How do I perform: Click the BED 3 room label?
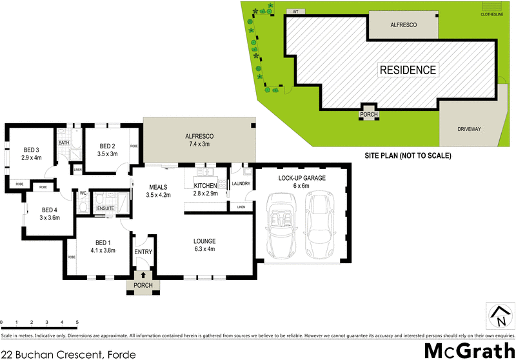(31, 148)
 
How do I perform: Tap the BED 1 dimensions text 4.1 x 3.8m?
(103, 250)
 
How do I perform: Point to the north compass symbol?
(499, 316)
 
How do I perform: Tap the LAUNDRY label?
(240, 183)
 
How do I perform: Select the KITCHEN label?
(206, 186)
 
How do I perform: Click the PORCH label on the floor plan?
(143, 285)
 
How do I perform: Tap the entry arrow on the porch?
(143, 275)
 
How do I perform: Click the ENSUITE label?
(105, 208)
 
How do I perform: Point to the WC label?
(83, 192)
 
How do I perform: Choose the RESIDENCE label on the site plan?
(407, 70)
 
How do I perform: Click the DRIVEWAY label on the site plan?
(469, 128)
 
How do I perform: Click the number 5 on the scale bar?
(77, 321)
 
